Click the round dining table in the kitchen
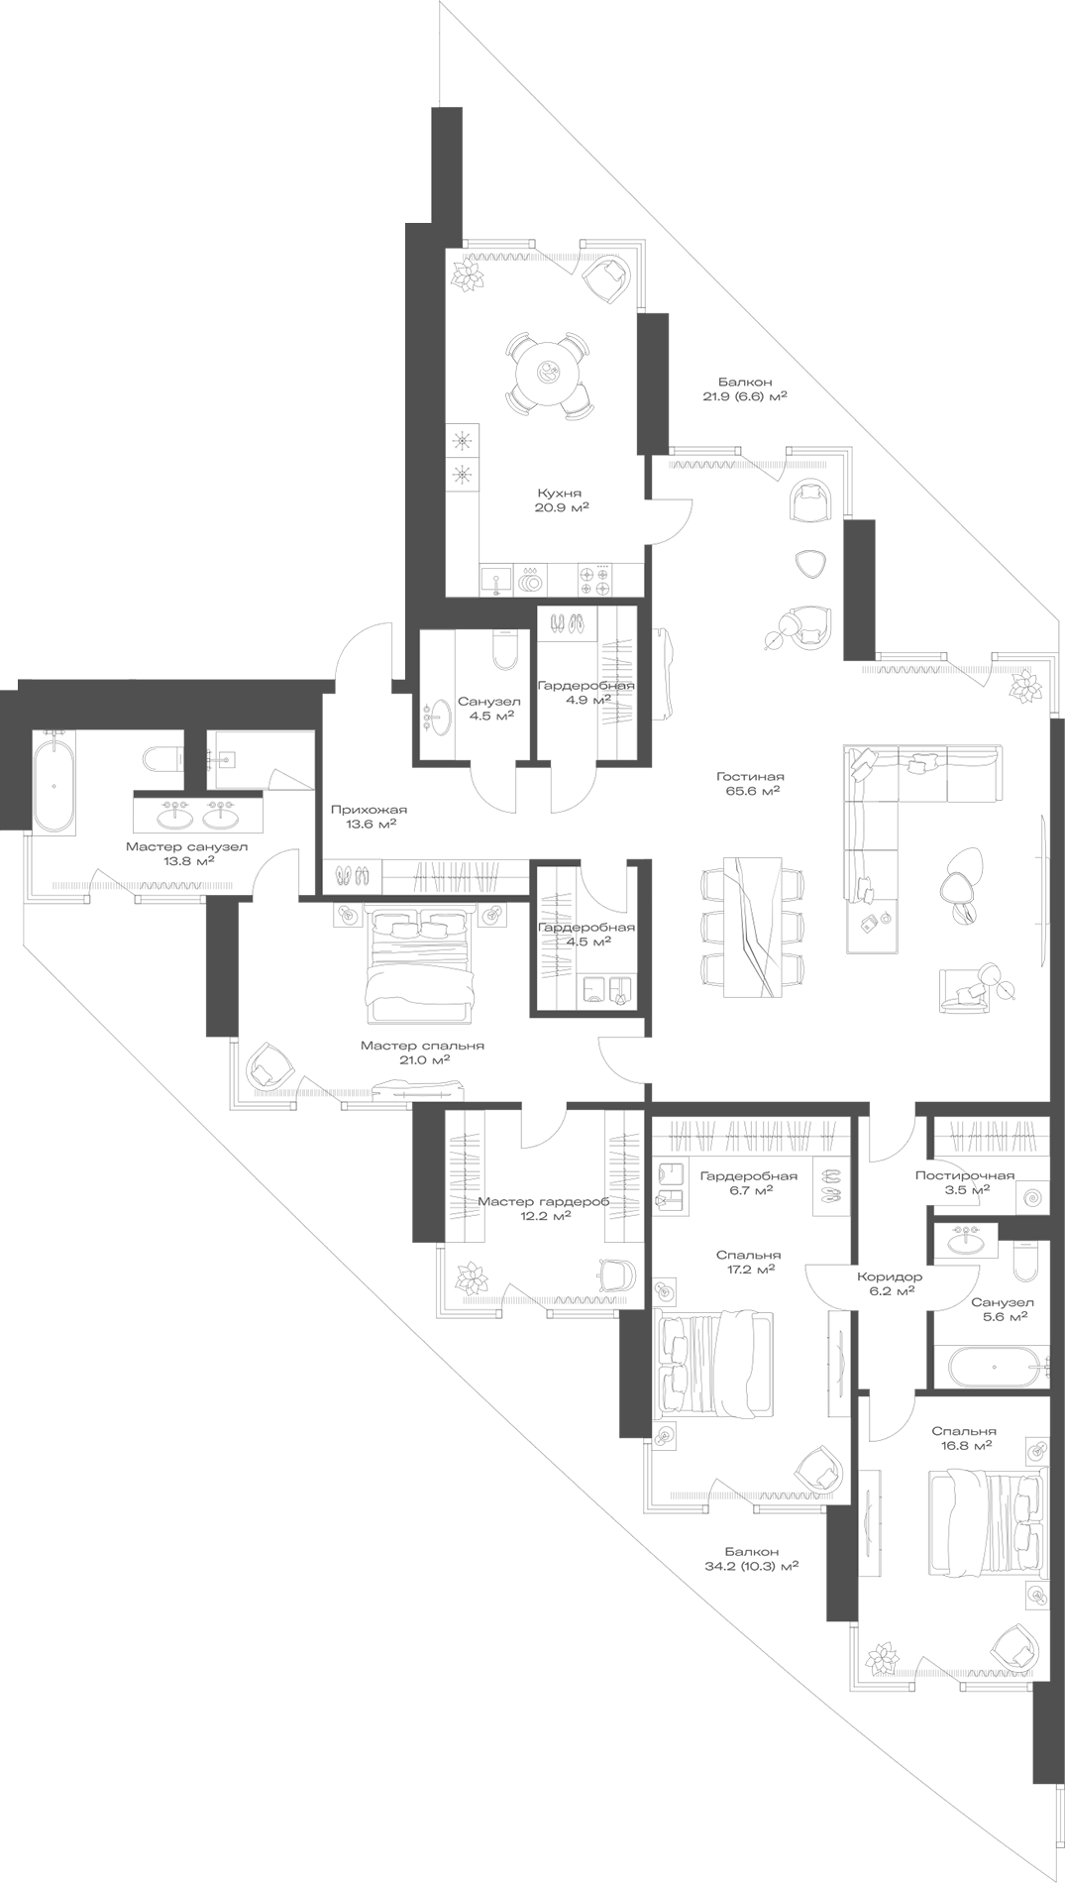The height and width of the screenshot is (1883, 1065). [547, 374]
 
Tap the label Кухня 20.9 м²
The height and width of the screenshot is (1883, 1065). [560, 500]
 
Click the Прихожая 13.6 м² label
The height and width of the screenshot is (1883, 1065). [369, 816]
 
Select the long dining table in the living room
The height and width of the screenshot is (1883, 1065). [752, 926]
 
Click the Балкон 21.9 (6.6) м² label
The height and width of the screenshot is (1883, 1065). [744, 388]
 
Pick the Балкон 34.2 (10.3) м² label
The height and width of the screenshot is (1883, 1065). [751, 1559]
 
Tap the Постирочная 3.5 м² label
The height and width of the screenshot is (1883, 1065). [964, 1182]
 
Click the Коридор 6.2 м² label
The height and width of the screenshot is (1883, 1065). [889, 1283]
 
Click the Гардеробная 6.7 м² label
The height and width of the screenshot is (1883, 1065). [748, 1182]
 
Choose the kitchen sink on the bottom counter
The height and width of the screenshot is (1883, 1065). [494, 578]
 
